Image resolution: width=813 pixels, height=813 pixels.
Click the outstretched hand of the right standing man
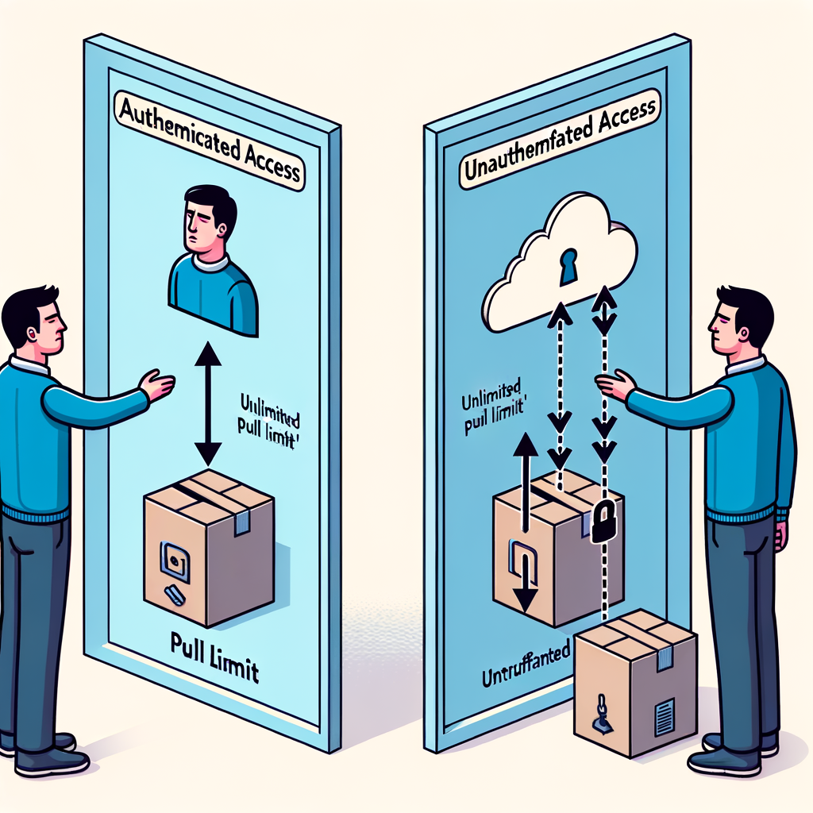(x=615, y=386)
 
